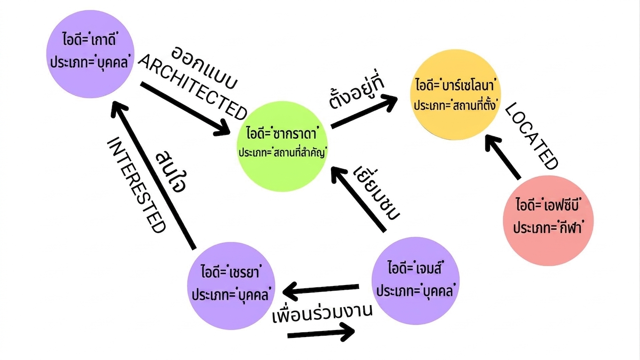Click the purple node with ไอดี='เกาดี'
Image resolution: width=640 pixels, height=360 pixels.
[x=90, y=54]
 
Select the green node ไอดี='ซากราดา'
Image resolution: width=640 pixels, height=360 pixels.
[x=282, y=146]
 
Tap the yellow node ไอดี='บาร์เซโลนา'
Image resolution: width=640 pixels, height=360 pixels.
[x=455, y=95]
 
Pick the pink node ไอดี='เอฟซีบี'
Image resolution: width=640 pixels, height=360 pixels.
[x=548, y=221]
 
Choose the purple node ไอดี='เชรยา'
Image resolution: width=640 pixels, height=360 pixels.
[x=231, y=286]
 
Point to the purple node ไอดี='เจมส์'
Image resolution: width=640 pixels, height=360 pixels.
[x=415, y=281]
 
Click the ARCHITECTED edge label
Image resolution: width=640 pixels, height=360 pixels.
[x=193, y=87]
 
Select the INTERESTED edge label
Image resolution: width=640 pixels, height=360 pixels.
[x=136, y=185]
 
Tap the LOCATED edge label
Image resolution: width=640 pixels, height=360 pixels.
[x=531, y=136]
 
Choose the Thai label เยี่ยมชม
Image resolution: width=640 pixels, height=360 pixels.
[x=376, y=193]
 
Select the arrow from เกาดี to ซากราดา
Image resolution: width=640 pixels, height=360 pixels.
[x=185, y=109]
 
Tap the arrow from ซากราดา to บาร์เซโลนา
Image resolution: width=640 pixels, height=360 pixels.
[x=364, y=112]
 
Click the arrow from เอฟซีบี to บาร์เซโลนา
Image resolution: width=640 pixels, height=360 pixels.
[x=503, y=157]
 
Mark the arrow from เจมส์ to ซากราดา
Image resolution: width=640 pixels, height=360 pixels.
[x=359, y=199]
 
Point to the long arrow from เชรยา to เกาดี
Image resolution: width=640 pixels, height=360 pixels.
[x=153, y=175]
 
